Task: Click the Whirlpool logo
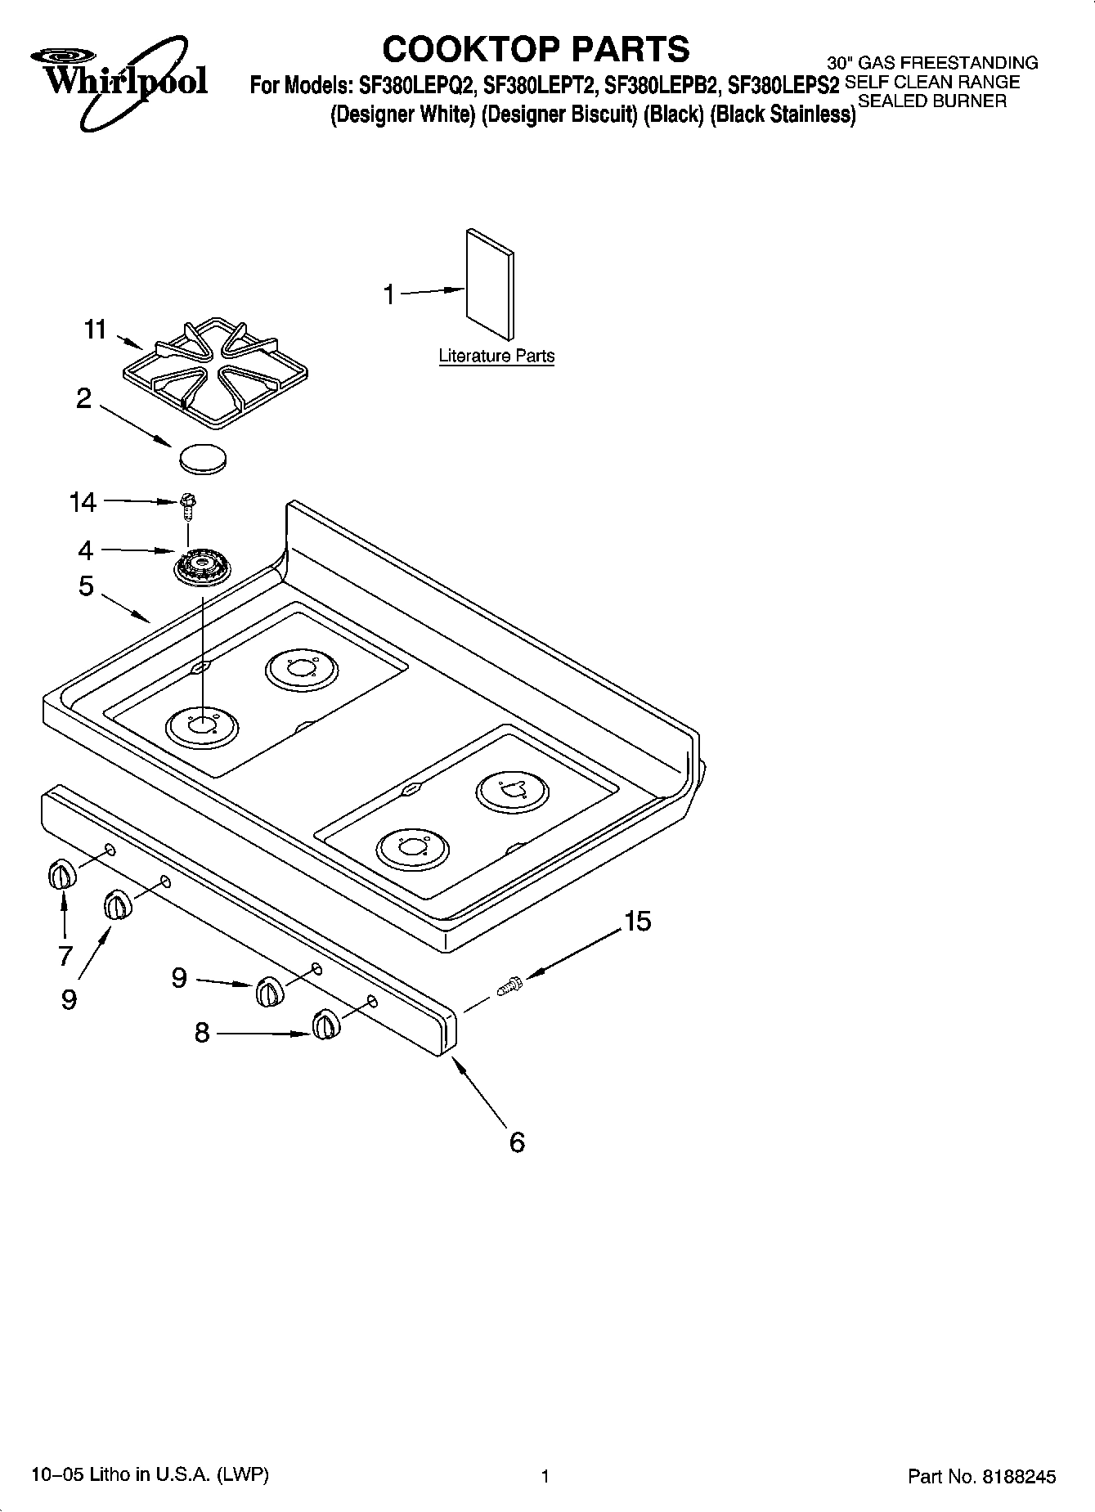[120, 80]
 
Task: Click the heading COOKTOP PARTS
[536, 49]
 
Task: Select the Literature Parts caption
[496, 356]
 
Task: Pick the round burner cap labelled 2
[201, 457]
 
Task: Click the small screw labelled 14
[186, 504]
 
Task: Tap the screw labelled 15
[508, 986]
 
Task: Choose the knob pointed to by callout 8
[325, 1025]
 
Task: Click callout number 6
[517, 1142]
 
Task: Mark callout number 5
[86, 586]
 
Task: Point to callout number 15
[638, 922]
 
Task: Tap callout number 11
[96, 330]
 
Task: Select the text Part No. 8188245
[982, 1476]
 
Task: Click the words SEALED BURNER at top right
[931, 101]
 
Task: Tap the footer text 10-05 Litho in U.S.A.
[149, 1474]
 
